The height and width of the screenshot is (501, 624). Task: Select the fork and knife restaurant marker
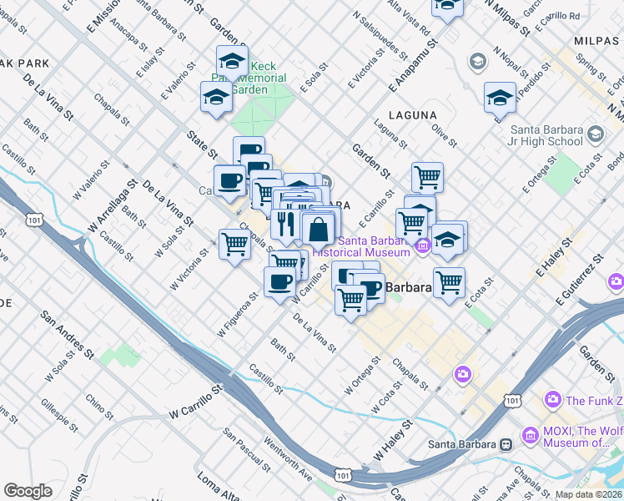tap(285, 225)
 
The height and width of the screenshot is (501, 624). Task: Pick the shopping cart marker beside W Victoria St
tap(235, 244)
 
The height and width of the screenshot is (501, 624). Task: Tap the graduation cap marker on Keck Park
tap(232, 60)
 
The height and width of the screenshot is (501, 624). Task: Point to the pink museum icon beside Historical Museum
tap(422, 245)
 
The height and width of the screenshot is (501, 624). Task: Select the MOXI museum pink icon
tap(529, 435)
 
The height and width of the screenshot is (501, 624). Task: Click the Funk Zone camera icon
tap(551, 401)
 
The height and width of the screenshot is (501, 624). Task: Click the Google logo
tap(28, 490)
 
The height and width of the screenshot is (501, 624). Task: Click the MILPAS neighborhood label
tap(597, 40)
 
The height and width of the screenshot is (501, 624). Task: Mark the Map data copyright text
tap(587, 494)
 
